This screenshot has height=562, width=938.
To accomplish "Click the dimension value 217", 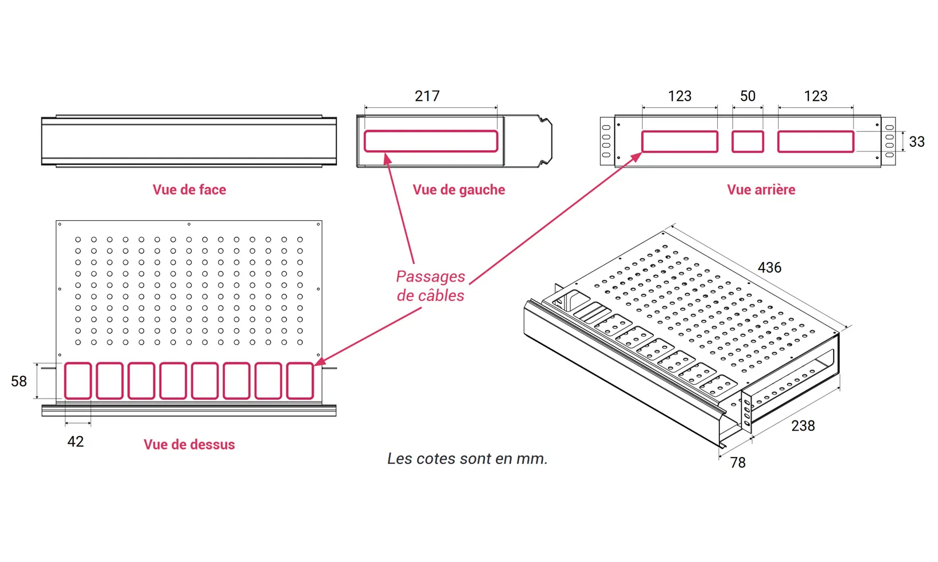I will [x=427, y=96].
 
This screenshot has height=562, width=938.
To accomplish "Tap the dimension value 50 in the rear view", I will [x=748, y=96].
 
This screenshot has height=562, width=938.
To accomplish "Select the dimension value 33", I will [x=917, y=142].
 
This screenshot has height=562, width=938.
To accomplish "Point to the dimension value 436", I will [x=769, y=267].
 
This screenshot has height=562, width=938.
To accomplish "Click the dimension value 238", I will [x=803, y=426].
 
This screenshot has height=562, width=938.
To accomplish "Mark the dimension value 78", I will [x=738, y=462].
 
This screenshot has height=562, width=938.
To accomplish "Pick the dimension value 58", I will [x=19, y=381].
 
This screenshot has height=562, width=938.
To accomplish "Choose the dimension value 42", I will [x=75, y=441].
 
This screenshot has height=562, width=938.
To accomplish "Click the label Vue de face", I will [x=189, y=190].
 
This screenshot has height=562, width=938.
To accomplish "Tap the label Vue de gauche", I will [x=459, y=190].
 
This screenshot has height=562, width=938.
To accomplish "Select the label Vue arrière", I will [x=761, y=190].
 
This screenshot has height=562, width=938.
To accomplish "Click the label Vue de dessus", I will [x=189, y=444].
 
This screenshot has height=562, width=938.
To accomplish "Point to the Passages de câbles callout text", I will [x=430, y=286].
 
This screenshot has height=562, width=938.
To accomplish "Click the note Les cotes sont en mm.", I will [x=467, y=459].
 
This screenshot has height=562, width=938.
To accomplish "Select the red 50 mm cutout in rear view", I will [x=748, y=142].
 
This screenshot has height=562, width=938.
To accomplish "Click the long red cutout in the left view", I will [x=431, y=141].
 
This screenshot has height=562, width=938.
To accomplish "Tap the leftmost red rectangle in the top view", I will [x=77, y=381].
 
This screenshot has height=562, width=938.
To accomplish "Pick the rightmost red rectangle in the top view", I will [x=299, y=381].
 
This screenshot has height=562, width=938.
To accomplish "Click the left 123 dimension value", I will [x=679, y=96].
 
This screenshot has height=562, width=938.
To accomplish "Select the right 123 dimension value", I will [x=815, y=96].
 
